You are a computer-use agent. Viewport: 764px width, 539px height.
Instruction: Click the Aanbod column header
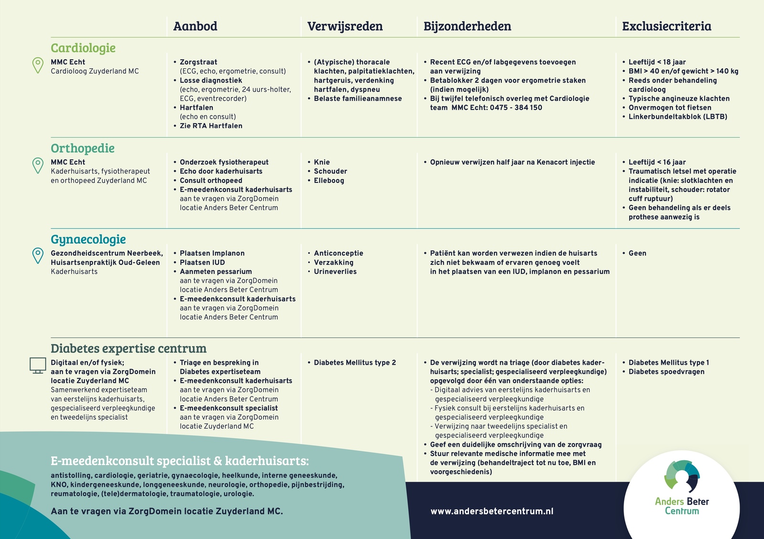point(195,26)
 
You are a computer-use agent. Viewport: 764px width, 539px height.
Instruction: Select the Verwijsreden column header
point(345,26)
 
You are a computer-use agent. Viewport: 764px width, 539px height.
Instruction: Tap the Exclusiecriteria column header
point(666,26)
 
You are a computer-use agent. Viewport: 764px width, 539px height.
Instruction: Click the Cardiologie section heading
point(83,48)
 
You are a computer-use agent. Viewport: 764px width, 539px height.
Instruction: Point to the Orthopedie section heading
point(83,148)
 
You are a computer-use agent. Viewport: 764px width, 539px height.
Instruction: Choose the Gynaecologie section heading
point(88,240)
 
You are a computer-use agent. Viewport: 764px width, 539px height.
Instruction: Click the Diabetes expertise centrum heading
point(128,349)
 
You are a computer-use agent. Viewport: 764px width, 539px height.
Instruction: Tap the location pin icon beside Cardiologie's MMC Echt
point(38,65)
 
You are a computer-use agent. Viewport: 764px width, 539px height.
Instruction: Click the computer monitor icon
point(38,365)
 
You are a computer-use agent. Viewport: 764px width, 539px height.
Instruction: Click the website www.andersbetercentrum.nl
point(492,511)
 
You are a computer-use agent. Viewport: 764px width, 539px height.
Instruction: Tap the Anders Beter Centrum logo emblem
point(682,476)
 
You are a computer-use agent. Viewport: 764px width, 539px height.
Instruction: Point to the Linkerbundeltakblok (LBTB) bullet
point(678,117)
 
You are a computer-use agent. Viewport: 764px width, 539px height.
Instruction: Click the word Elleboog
point(329,180)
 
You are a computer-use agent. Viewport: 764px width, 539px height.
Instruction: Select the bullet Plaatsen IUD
point(202,263)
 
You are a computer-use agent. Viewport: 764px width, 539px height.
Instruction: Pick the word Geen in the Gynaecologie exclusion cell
point(637,254)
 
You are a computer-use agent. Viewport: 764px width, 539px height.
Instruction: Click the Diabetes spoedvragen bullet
point(666,372)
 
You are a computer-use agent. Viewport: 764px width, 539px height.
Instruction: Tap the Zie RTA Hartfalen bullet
point(211,126)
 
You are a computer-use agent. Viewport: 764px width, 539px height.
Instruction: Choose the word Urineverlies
point(335,272)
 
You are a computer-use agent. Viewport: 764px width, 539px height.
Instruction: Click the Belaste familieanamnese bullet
point(358,99)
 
